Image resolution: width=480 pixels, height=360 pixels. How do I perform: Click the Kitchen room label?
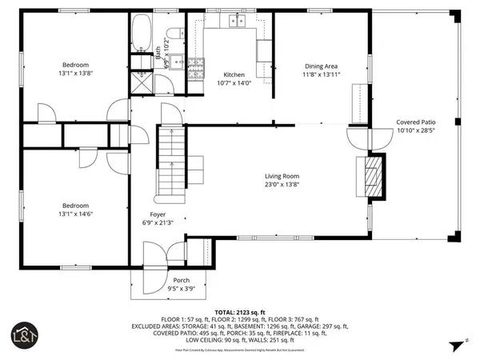[x=234, y=74]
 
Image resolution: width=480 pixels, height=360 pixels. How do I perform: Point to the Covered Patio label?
[x=416, y=122]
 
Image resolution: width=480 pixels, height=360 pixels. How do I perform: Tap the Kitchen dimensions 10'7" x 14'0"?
[x=234, y=82]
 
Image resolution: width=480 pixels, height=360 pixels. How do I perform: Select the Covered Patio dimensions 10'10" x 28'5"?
[x=416, y=130]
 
